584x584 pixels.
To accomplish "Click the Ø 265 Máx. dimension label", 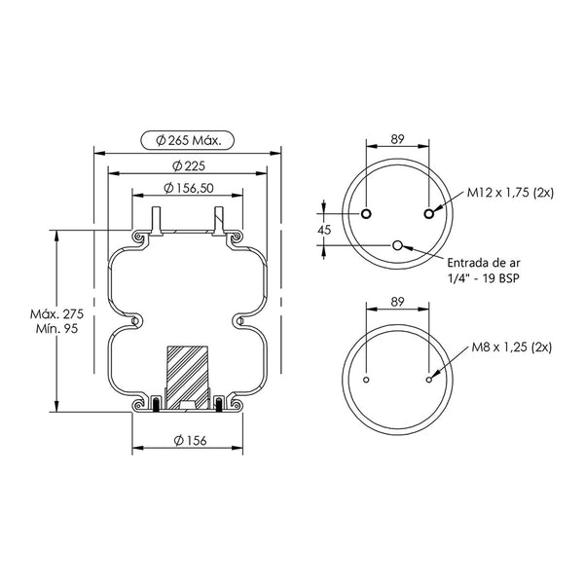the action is pos(188,141).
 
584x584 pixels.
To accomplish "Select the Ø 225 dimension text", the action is pos(189,165).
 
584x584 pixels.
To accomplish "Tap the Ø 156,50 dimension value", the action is pos(189,188).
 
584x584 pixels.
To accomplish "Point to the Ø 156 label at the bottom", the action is pos(190,441).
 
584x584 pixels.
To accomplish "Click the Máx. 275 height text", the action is pos(57,314).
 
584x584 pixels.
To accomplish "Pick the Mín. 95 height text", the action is pos(57,329).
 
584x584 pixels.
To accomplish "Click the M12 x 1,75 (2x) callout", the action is pos(510,193).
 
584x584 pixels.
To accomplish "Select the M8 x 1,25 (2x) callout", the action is pos(512,347).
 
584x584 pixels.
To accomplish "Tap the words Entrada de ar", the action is pos(484,263).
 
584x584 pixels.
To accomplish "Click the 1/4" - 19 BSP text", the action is pos(483,277).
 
